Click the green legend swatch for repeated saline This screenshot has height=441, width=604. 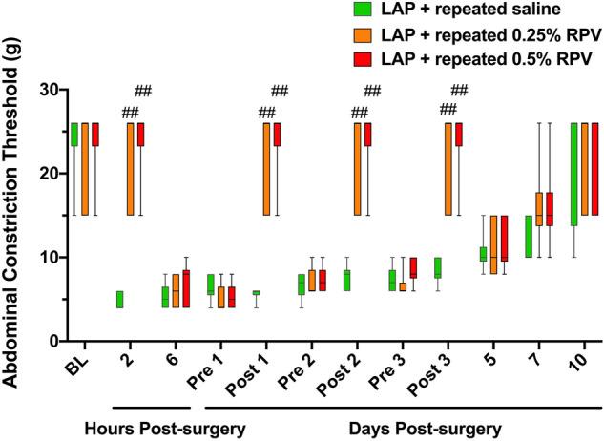[x=364, y=10]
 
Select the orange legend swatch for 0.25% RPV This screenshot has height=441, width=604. [x=364, y=35]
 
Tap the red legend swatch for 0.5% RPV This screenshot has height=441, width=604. [x=364, y=60]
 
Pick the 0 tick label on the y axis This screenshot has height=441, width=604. [x=50, y=341]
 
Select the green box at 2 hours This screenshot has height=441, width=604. [x=119, y=299]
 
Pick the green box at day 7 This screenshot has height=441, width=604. [x=530, y=236]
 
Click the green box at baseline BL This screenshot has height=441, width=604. [x=73, y=135]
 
